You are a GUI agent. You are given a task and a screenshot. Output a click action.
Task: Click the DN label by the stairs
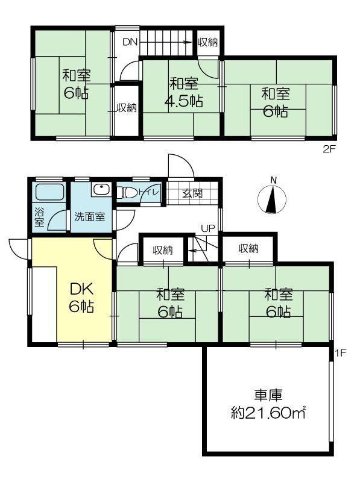130,42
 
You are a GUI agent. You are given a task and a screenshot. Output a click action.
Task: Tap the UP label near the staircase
207,229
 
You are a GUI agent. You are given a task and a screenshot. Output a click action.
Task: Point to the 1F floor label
341,353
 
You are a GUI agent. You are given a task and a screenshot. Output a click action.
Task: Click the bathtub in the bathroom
49,192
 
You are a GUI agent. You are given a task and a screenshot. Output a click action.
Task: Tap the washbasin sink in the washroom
101,190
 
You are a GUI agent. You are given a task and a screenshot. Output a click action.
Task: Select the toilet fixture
127,193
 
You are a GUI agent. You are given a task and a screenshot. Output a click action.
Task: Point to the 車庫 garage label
268,396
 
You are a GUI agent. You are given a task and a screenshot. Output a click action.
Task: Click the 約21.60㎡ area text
268,413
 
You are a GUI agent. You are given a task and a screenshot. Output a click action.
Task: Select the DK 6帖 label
81,297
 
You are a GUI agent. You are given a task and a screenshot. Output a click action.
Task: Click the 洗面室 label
90,217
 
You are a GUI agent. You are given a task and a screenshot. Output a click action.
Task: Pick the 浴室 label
39,217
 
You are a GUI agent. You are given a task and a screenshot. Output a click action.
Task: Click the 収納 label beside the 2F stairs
208,42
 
